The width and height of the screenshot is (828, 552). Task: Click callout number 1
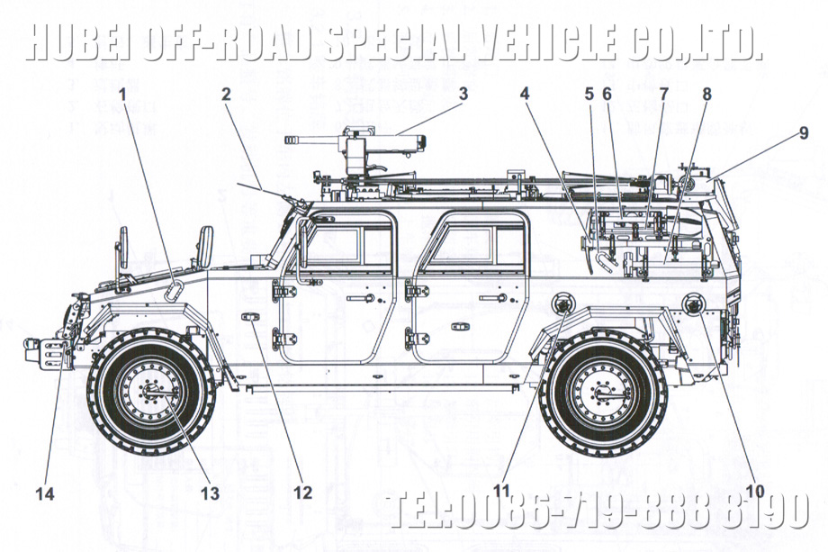pyautogui.click(x=122, y=94)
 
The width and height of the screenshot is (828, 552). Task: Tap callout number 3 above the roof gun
pyautogui.click(x=463, y=94)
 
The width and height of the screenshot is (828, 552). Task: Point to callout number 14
pyautogui.click(x=45, y=493)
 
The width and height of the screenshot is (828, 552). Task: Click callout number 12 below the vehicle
pyautogui.click(x=301, y=493)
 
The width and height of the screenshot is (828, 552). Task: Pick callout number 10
pyautogui.click(x=754, y=492)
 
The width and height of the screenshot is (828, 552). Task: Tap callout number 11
pyautogui.click(x=501, y=492)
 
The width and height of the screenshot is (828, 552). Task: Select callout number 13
pyautogui.click(x=210, y=493)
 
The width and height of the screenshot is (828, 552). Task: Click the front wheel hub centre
pyautogui.click(x=150, y=393)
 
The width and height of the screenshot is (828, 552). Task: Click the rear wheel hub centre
pyautogui.click(x=601, y=393)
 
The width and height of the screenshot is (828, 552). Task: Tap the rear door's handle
pyautogui.click(x=492, y=298)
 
